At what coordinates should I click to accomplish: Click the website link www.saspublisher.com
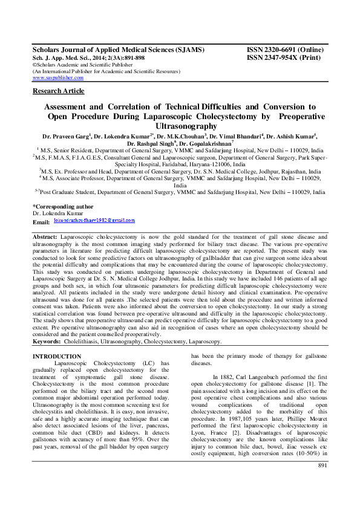coord(57,78)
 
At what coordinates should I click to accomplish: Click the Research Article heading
coord(58,91)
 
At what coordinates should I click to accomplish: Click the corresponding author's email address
coord(94,221)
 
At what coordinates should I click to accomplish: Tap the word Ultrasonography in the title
coord(180,126)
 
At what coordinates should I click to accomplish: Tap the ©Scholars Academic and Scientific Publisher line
coord(78,65)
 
